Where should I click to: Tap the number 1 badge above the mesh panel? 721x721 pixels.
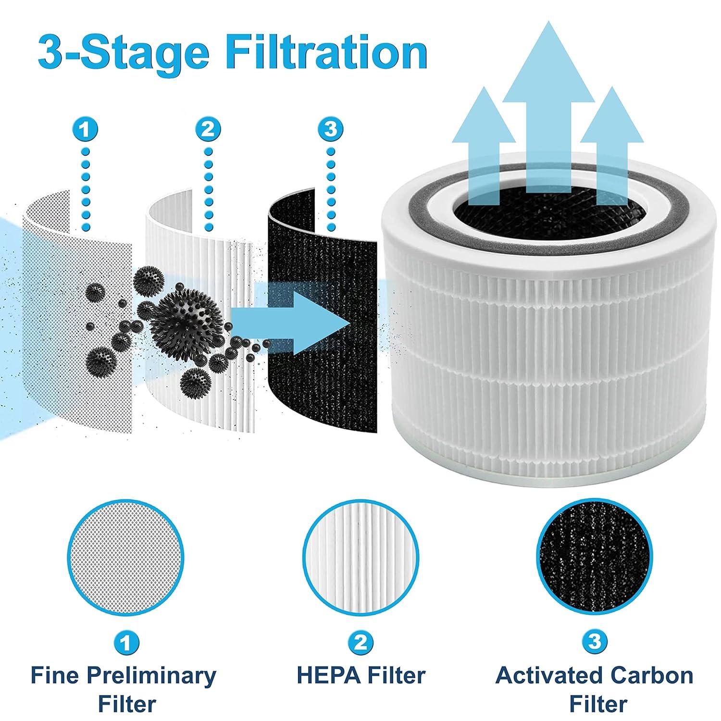(87, 129)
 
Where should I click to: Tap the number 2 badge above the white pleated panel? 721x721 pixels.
(208, 129)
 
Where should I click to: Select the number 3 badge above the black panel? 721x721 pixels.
(330, 129)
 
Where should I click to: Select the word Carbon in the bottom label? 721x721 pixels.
(652, 675)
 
